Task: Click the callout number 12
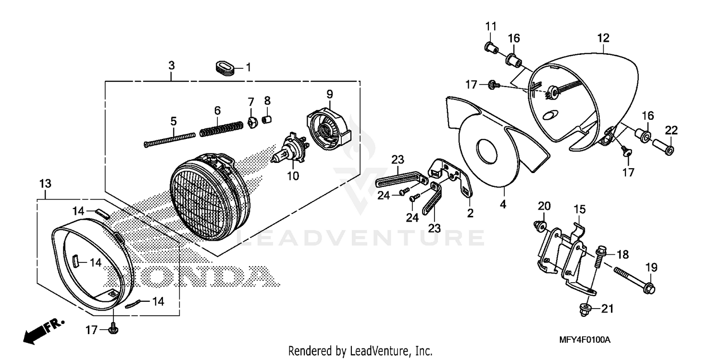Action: (603, 38)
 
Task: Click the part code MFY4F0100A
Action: (584, 340)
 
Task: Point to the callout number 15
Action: (580, 210)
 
